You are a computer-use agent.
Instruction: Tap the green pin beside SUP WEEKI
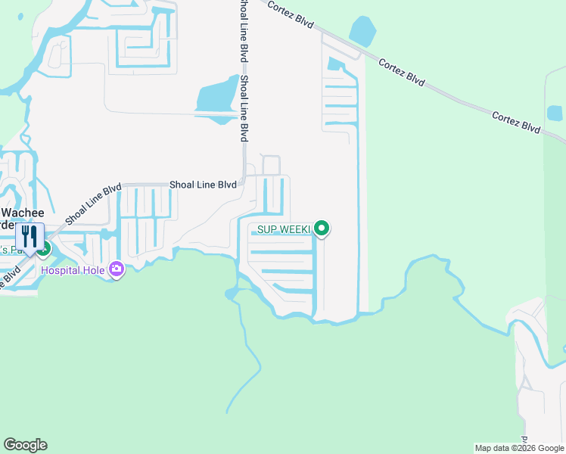(322, 228)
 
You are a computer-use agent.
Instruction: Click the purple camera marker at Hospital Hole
(117, 269)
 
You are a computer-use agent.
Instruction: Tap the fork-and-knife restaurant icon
(30, 236)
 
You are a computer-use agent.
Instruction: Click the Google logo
(25, 445)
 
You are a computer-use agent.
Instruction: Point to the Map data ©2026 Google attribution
(518, 449)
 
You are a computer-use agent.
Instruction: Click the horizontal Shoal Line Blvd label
(203, 184)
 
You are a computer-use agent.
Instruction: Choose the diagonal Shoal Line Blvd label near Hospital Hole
(93, 204)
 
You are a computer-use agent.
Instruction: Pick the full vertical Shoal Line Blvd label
(244, 108)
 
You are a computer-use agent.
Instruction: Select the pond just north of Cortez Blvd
(362, 32)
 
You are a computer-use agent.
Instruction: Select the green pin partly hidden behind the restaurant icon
(45, 247)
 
